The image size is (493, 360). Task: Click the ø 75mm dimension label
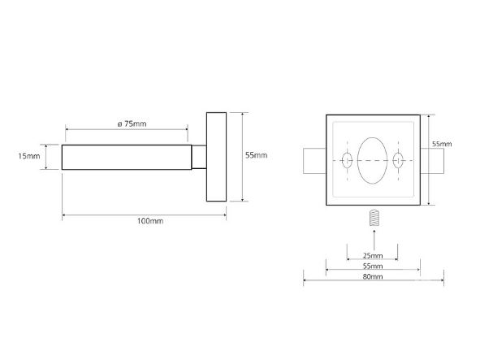(x=132, y=124)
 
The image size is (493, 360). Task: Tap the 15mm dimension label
(x=29, y=156)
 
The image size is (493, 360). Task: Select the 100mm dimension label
(x=150, y=221)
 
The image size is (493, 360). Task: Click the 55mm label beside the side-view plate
(x=257, y=155)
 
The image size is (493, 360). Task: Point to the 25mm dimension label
(x=373, y=255)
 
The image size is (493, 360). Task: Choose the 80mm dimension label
(x=373, y=276)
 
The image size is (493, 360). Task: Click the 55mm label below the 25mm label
(x=373, y=266)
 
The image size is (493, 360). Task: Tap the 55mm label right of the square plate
(x=442, y=144)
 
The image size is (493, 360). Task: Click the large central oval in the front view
(x=373, y=160)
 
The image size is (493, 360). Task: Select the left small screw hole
(x=347, y=160)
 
